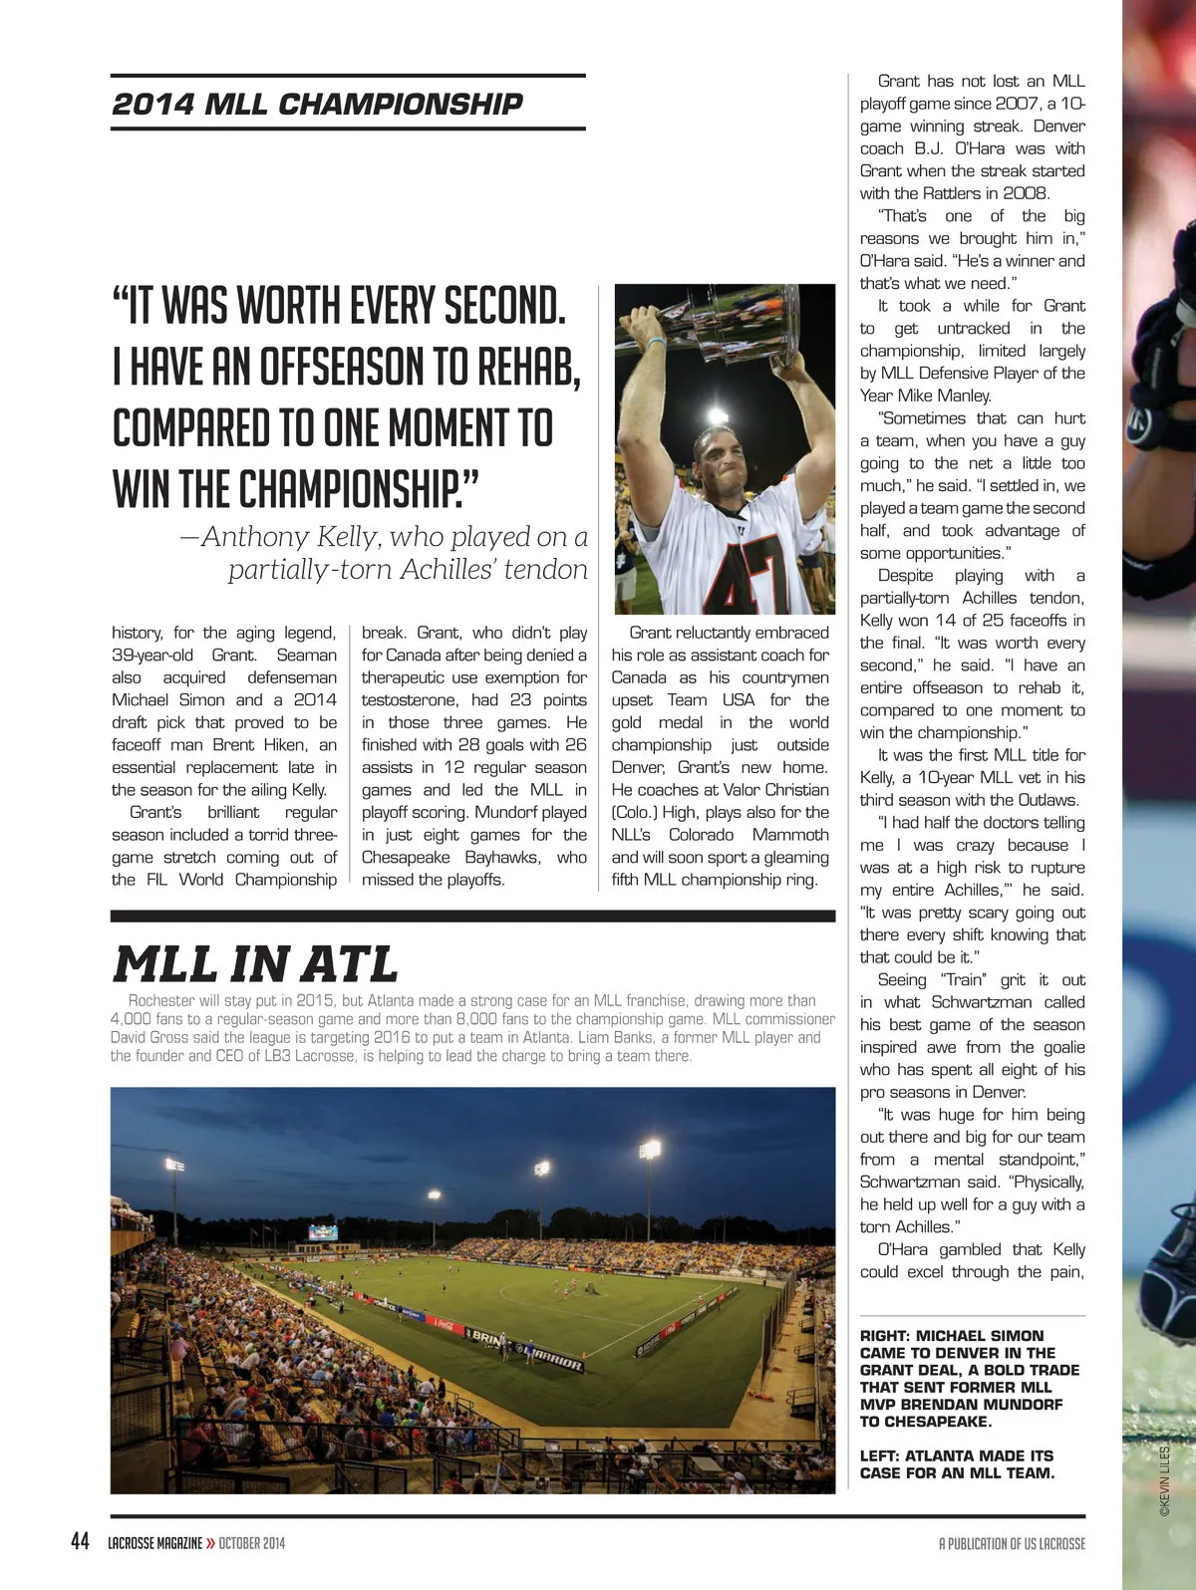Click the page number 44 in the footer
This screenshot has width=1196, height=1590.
pos(81,1541)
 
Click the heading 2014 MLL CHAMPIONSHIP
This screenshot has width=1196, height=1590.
pos(317,104)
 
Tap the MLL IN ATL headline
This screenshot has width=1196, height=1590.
pos(255,963)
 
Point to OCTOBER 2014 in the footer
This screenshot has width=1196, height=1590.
pos(252,1543)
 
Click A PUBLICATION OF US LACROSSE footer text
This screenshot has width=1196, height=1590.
pos(1012,1543)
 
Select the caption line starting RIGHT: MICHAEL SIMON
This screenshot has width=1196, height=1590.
pos(952,1336)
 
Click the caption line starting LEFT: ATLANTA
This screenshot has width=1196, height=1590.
pos(956,1456)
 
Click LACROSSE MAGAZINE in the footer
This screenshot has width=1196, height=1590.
pos(154,1543)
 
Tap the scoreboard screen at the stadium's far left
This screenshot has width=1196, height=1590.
pos(323,1232)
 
